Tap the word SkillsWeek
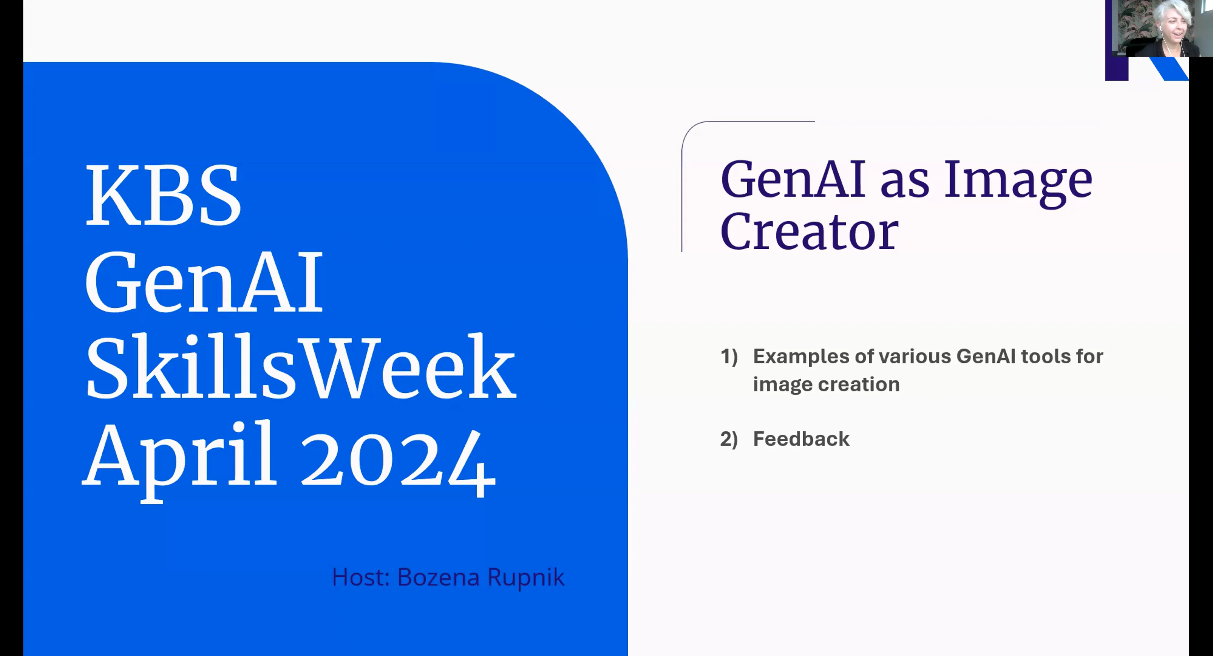click(x=300, y=367)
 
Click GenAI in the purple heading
click(x=793, y=180)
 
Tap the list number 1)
click(x=728, y=356)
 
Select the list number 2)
click(x=728, y=439)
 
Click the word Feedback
click(x=801, y=439)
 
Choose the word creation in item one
click(x=859, y=384)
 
